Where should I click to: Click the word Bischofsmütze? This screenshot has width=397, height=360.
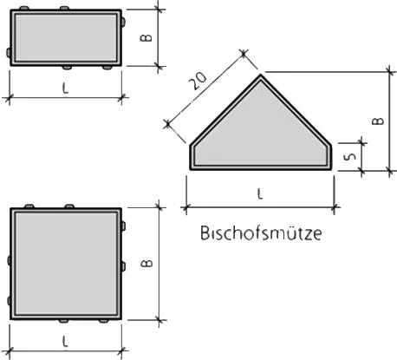click(261, 233)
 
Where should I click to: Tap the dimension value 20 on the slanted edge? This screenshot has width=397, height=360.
click(198, 81)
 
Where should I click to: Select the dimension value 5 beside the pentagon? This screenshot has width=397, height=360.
click(350, 156)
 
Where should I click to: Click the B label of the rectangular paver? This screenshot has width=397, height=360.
click(146, 38)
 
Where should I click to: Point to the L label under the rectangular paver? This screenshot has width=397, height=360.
click(66, 88)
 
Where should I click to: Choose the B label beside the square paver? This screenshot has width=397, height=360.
click(146, 263)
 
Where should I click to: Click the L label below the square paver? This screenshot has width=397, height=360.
click(66, 342)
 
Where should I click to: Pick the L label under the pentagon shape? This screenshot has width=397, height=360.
click(260, 193)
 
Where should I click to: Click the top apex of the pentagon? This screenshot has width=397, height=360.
click(261, 75)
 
